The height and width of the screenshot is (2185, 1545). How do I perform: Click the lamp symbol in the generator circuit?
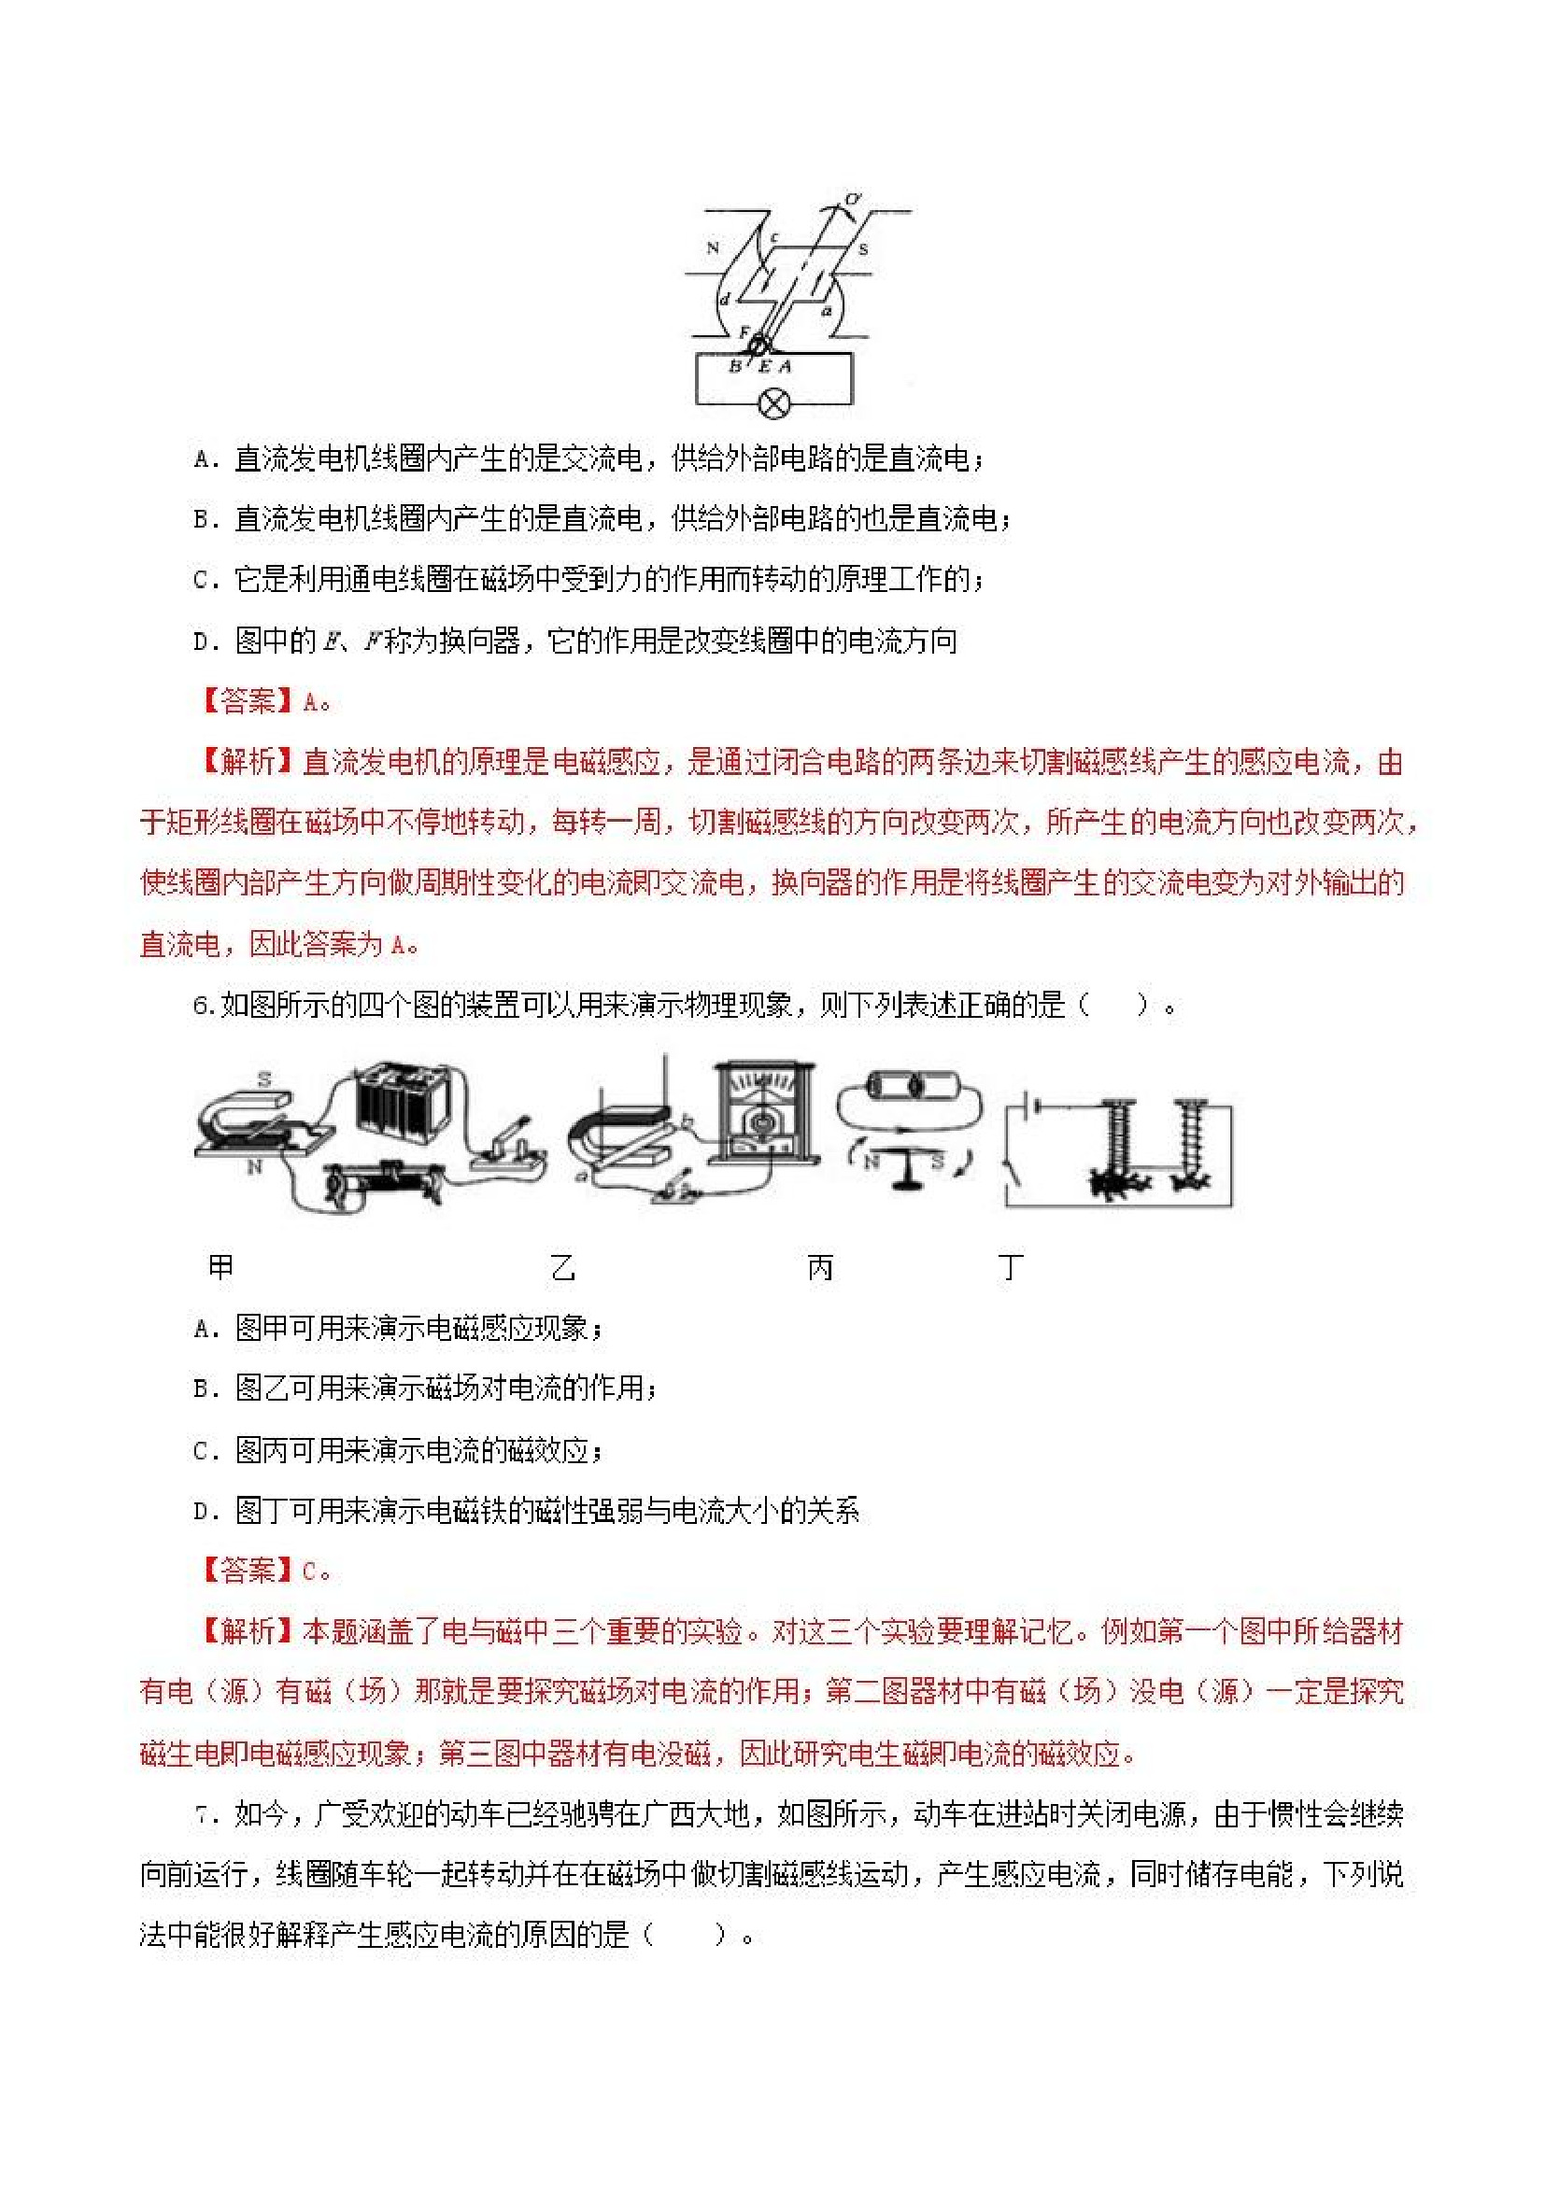point(774,404)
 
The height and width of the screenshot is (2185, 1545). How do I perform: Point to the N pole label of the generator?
point(713,248)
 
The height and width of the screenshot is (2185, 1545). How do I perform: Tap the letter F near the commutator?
point(744,332)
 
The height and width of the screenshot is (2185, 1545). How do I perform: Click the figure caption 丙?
point(819,1268)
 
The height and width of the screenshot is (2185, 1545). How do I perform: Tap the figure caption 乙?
point(562,1268)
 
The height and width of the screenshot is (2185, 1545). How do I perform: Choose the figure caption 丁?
point(1010,1267)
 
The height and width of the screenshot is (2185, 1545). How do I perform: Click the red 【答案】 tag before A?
point(248,701)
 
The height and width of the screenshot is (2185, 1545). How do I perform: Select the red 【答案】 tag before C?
point(248,1571)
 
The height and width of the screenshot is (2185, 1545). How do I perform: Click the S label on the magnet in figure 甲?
point(264,1079)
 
